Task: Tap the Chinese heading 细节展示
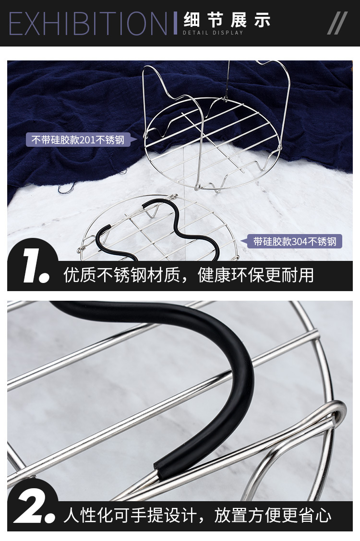(227, 20)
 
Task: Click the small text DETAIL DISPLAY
(213, 33)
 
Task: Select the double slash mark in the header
(337, 23)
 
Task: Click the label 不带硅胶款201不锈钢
(78, 140)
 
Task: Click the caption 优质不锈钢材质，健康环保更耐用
(189, 275)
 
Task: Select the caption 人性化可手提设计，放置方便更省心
(197, 516)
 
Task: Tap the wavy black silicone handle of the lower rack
(163, 225)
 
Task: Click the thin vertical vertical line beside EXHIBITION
(175, 23)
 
